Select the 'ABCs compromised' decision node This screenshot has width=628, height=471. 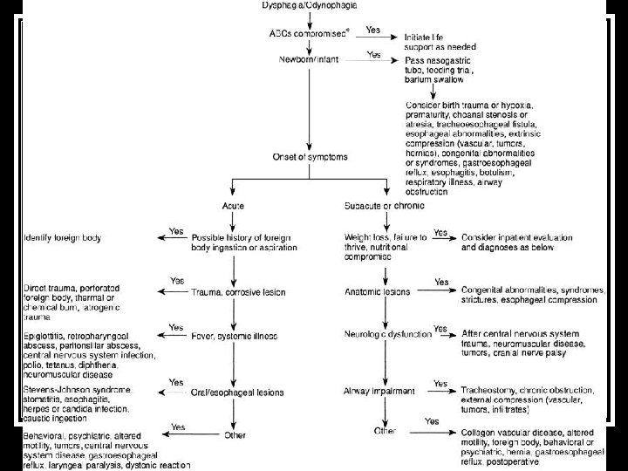tap(303, 33)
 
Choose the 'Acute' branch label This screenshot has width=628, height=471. tap(232, 205)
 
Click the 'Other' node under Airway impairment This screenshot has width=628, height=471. tap(385, 431)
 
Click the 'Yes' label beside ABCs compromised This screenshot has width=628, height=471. tap(372, 29)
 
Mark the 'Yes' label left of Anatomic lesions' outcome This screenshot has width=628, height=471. tap(440, 283)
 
